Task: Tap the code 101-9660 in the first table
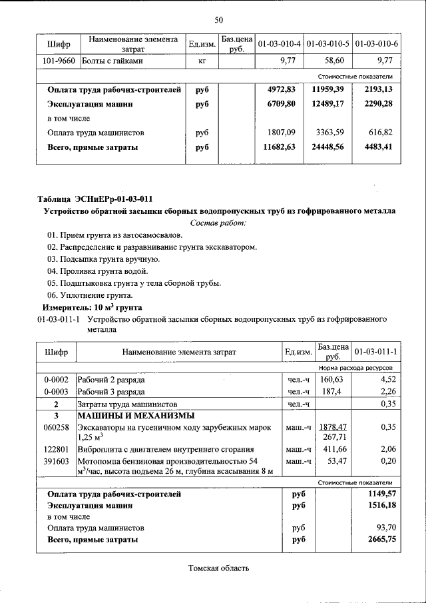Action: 59,61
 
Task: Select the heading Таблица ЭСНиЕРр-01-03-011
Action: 95,199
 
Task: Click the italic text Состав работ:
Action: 218,223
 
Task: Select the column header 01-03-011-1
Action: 376,351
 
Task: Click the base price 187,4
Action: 330,392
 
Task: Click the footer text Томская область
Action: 218,568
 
